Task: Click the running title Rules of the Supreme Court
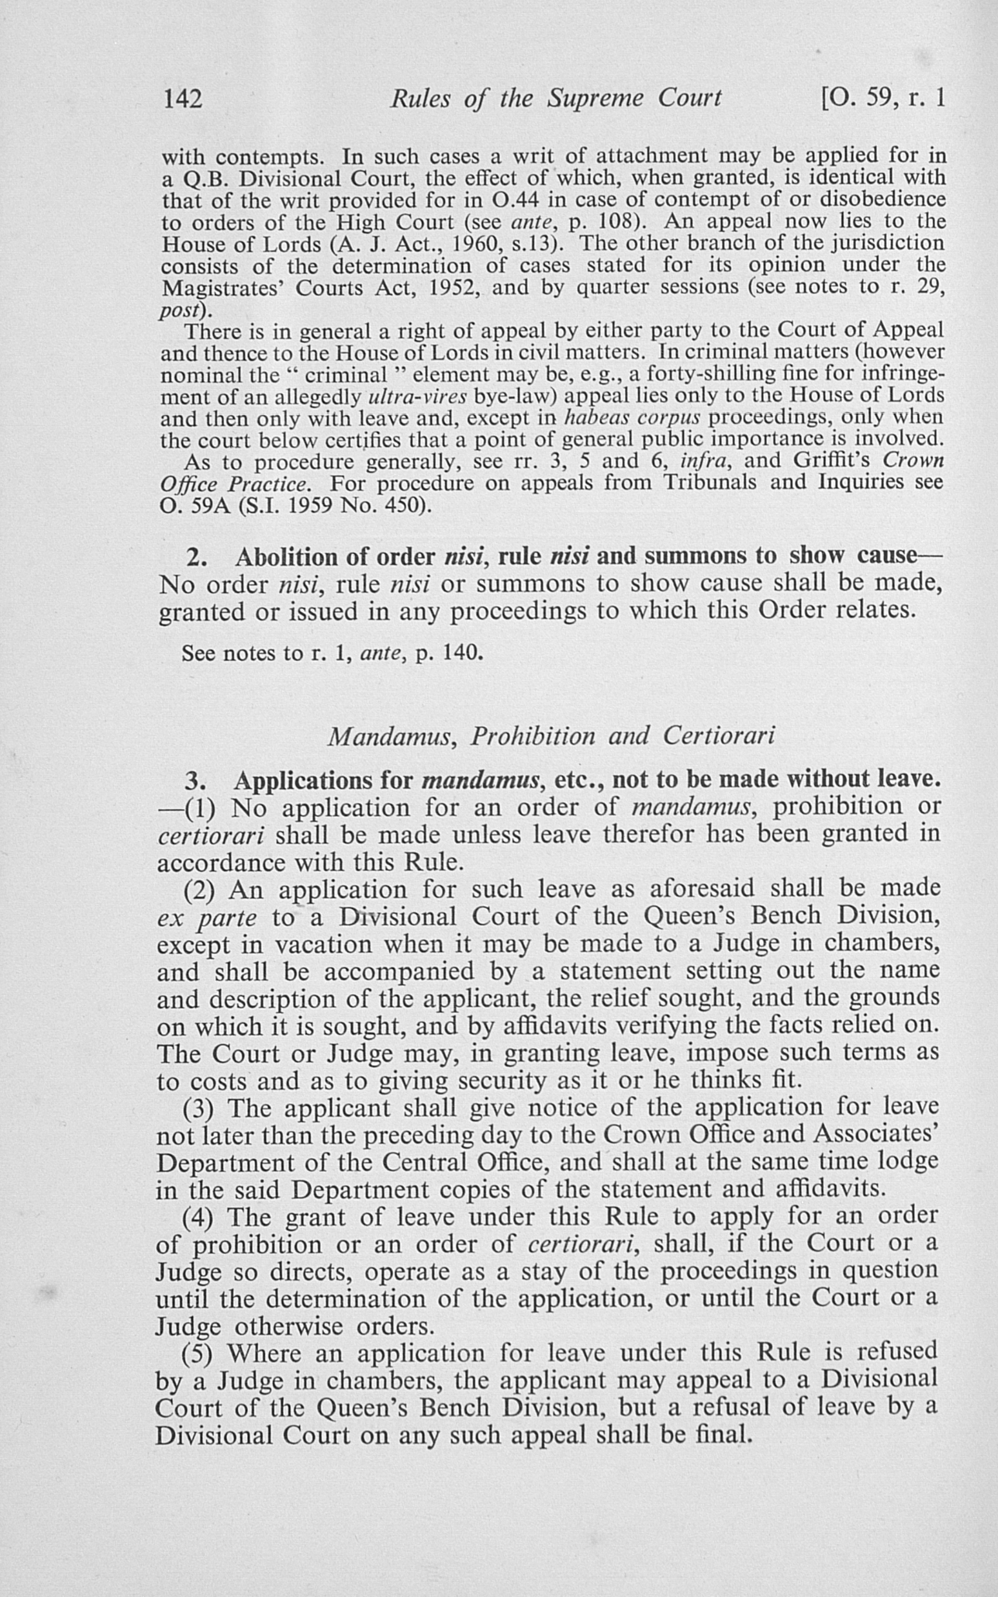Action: click(555, 99)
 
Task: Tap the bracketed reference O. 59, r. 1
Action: click(883, 99)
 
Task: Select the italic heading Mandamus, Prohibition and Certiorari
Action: click(550, 736)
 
